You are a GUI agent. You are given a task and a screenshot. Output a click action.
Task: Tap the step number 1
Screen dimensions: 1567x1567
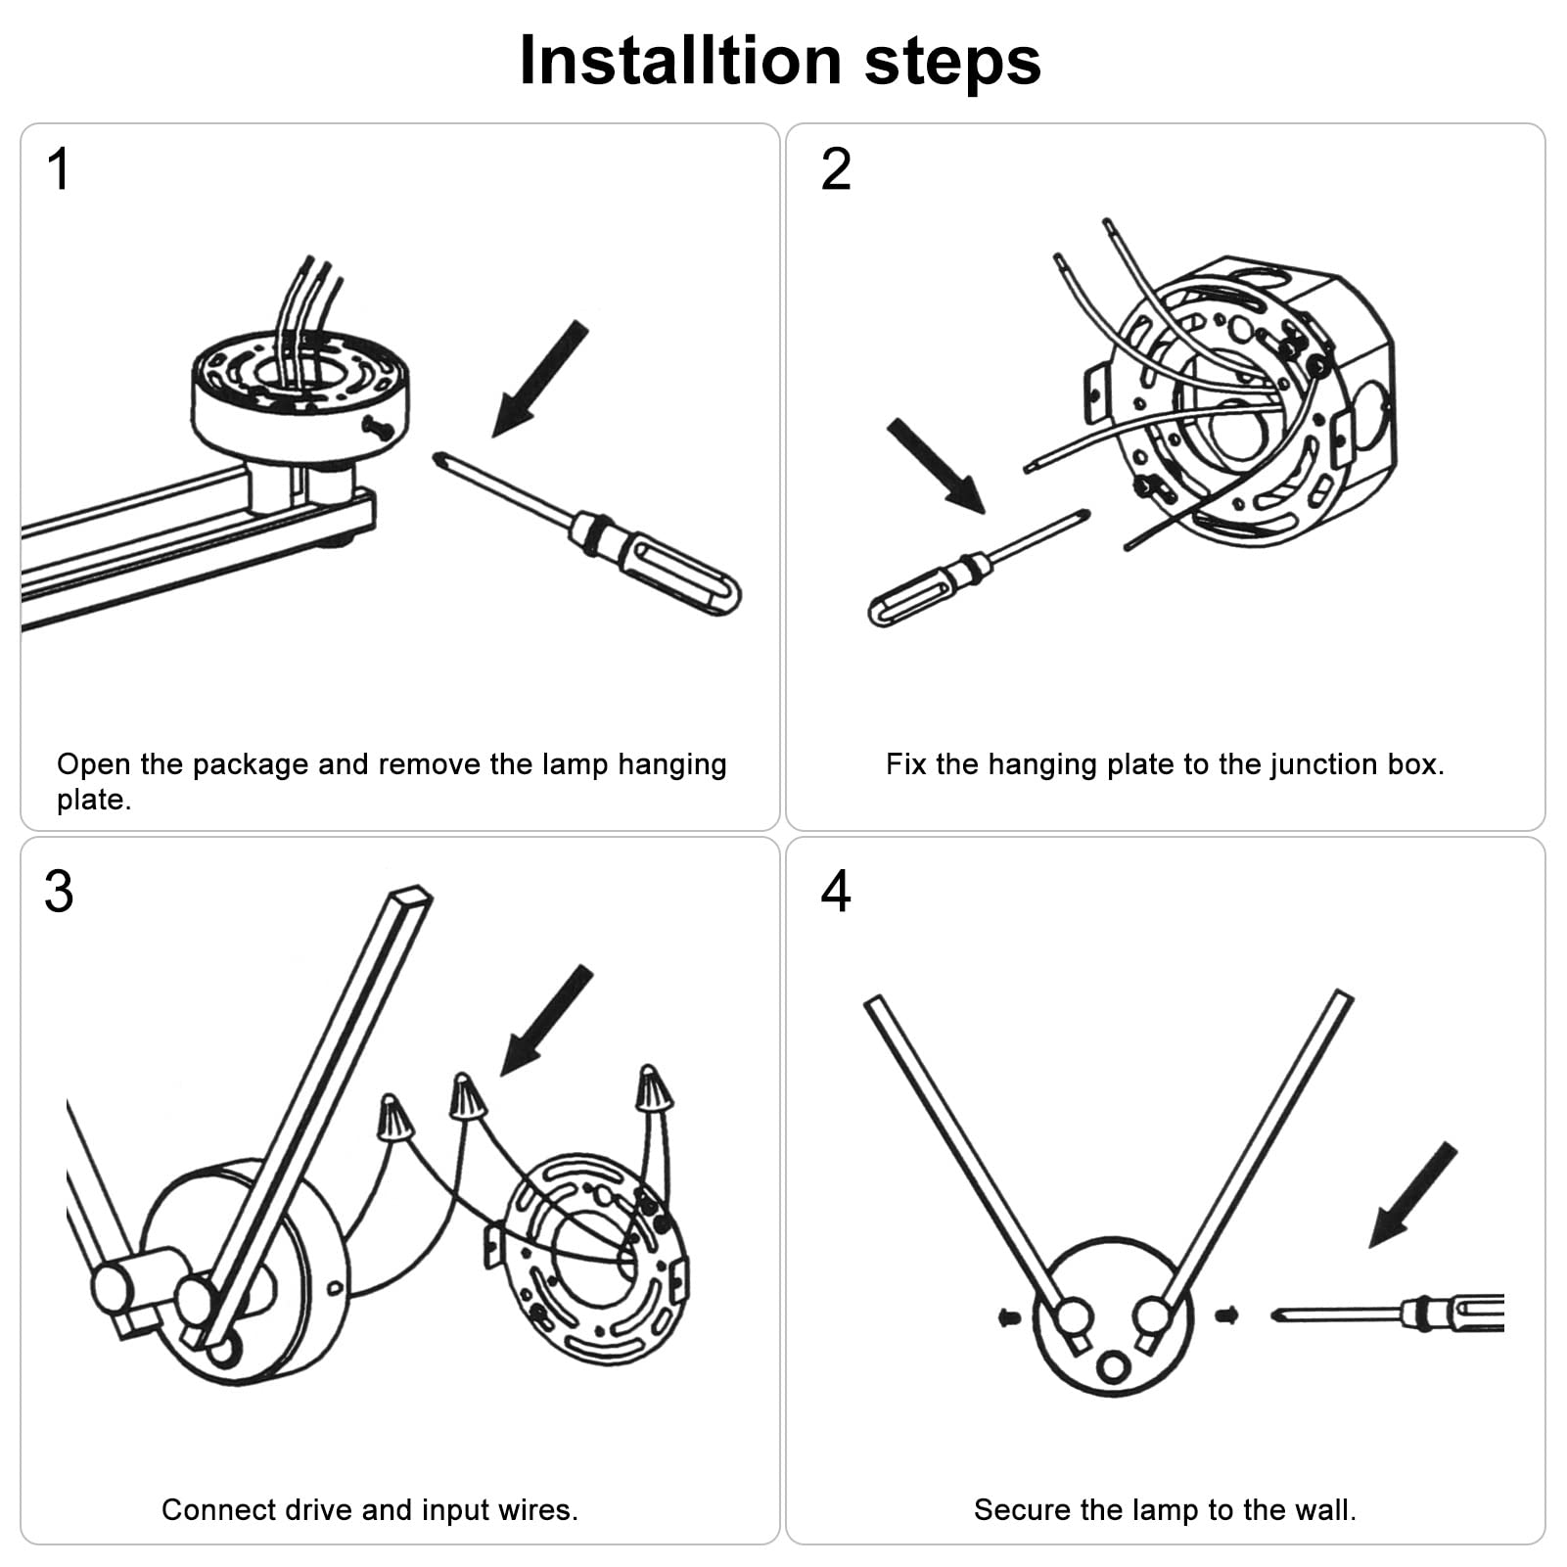coord(59,169)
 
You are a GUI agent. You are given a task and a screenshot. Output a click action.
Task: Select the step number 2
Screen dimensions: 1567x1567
coord(836,169)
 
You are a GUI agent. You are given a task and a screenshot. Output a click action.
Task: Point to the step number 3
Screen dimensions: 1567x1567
coord(59,892)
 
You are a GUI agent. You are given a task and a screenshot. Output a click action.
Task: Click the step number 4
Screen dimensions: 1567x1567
coord(836,892)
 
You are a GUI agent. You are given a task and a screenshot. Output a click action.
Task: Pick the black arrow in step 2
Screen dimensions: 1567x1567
coord(935,466)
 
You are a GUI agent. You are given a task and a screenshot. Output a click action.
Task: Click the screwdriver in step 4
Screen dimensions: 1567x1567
coord(1390,1313)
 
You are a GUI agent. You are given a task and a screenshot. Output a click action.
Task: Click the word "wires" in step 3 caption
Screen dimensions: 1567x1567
coord(534,1510)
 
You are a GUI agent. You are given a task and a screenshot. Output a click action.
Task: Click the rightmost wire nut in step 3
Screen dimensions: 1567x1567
coord(652,1089)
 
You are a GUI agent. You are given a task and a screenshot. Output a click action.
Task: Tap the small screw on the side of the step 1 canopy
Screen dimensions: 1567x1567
coord(377,426)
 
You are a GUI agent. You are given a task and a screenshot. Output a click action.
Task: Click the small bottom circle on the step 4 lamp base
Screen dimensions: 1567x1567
coord(1113,1366)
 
